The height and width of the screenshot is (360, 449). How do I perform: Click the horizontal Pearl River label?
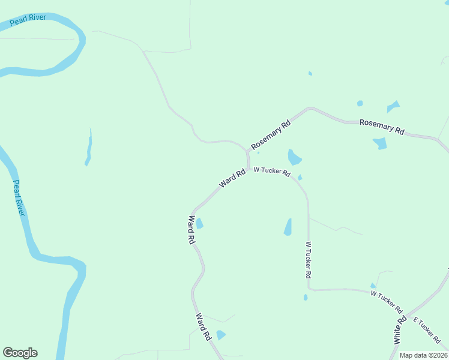click(x=28, y=21)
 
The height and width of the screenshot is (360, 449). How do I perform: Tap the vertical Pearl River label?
click(x=19, y=198)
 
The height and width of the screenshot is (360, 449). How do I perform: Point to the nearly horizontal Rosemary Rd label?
click(x=382, y=126)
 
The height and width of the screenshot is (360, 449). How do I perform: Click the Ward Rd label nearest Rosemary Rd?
click(x=232, y=178)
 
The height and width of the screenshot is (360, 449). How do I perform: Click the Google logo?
click(x=20, y=353)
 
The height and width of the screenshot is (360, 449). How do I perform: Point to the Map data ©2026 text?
click(x=423, y=355)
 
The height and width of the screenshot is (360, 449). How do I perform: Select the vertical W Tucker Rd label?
click(x=309, y=259)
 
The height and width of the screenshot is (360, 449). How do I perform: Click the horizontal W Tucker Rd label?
click(x=272, y=172)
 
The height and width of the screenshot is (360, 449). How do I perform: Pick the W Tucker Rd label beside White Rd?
click(x=387, y=302)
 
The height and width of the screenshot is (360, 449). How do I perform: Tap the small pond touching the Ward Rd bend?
click(x=199, y=224)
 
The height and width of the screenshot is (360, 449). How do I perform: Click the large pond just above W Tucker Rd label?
click(x=294, y=157)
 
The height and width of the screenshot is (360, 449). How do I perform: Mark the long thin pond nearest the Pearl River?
click(x=89, y=148)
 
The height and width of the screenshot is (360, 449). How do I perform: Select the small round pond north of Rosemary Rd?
click(x=360, y=103)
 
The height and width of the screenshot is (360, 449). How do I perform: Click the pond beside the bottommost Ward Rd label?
click(x=220, y=335)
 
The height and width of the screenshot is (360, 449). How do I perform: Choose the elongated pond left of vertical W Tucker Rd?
click(x=288, y=227)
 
